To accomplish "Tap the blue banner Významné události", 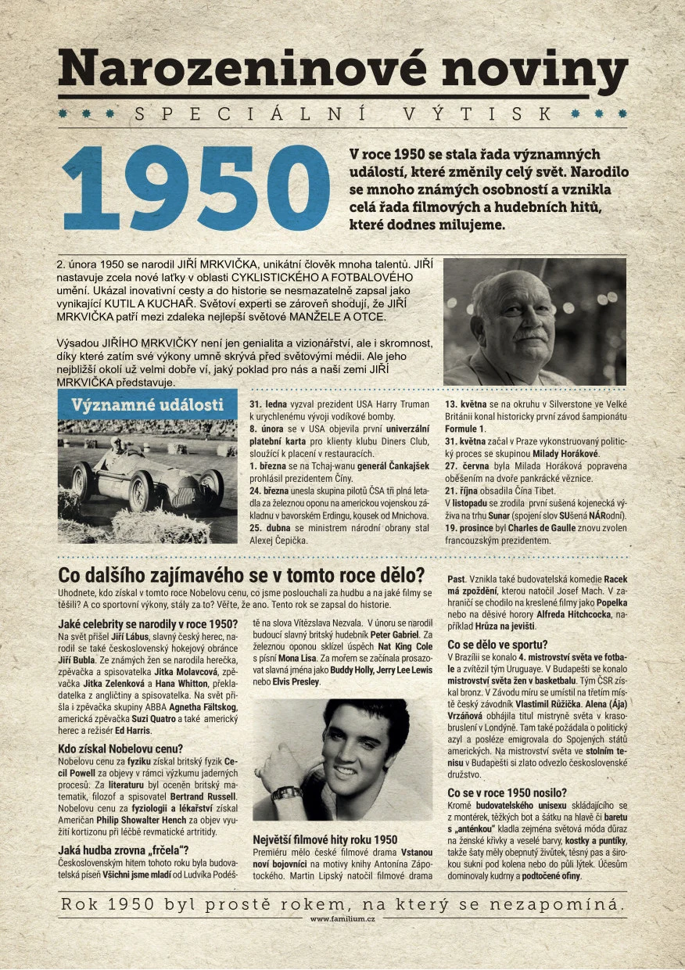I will point(147,404).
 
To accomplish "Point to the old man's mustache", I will point(529,334).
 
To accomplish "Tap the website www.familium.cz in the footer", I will point(342,919).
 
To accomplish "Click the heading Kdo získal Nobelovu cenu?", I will point(120,748).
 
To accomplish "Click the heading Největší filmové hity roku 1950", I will point(325,839).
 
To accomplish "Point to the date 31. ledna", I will point(268,404).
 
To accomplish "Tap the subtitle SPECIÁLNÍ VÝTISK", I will point(342,114).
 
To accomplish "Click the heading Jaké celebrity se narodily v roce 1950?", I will point(147,623).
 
